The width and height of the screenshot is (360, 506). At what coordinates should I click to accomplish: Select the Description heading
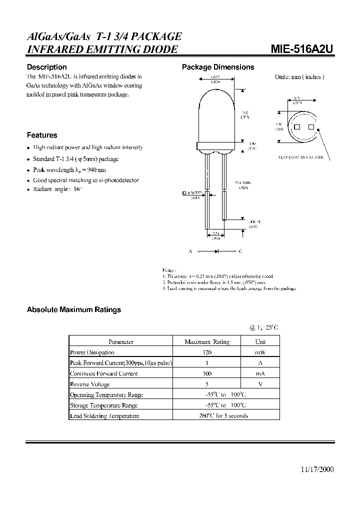[46, 67]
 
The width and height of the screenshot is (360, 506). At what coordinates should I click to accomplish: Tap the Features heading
[42, 135]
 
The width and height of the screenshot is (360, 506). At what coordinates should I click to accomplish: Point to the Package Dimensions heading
[218, 67]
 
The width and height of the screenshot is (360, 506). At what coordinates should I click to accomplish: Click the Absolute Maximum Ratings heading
[73, 309]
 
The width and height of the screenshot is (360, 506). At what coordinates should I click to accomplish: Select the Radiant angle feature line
[56, 190]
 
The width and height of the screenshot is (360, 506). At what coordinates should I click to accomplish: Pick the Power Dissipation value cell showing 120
[206, 352]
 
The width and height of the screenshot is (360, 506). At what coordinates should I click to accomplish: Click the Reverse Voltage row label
[90, 384]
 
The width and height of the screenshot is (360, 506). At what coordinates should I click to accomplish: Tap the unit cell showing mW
[260, 352]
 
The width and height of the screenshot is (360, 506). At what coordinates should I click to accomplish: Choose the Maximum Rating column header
[206, 342]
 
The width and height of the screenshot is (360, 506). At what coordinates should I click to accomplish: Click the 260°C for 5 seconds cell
[206, 416]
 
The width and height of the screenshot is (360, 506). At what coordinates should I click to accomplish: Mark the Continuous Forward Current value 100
[206, 374]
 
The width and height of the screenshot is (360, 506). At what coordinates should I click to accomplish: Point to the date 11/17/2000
[317, 469]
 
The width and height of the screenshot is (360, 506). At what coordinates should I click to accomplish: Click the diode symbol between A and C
[215, 251]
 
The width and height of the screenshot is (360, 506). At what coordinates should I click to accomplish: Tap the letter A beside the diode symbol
[190, 251]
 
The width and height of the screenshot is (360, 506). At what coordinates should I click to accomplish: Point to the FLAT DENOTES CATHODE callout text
[301, 157]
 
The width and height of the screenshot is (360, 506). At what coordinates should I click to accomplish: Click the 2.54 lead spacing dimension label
[215, 233]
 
